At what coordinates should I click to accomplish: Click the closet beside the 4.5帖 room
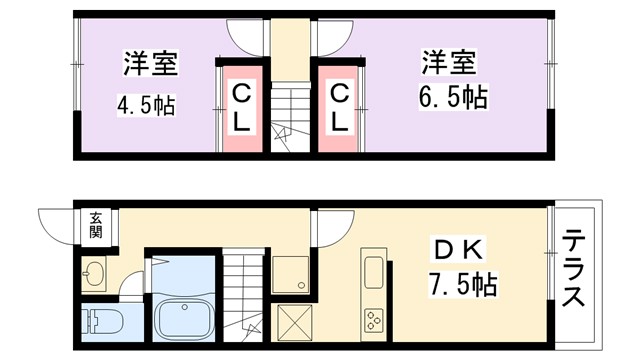(x=242, y=108)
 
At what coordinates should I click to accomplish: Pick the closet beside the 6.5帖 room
(x=340, y=108)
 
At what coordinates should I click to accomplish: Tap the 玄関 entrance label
(x=95, y=225)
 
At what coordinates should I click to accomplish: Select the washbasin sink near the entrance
(x=94, y=272)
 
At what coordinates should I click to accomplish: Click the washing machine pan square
(x=291, y=275)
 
